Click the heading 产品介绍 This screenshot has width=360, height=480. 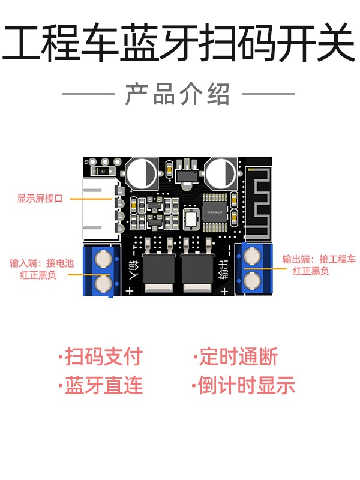coord(177,94)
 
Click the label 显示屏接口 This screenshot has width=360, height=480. coord(40,199)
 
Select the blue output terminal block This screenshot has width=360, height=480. coord(253,268)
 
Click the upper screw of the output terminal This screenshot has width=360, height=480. coord(252,256)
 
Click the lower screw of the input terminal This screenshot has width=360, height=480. coord(103,283)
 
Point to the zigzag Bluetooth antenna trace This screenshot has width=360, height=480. coord(259,203)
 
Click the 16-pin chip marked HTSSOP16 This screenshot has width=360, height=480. coord(215,212)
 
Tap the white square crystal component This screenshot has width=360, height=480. coord(191,218)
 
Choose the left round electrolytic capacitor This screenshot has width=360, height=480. coord(142,173)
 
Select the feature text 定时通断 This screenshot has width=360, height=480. coord(236,356)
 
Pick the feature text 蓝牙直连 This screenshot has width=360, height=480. coord(101,385)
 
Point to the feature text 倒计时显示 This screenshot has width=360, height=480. coord(244,385)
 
